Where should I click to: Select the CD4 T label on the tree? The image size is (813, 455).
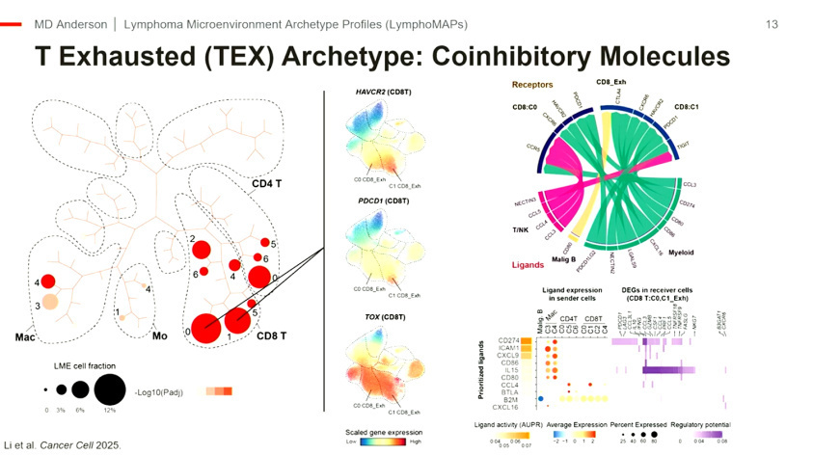pyautogui.click(x=267, y=184)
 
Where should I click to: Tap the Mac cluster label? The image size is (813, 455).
pyautogui.click(x=25, y=338)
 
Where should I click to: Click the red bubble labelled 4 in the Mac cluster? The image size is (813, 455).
pyautogui.click(x=49, y=282)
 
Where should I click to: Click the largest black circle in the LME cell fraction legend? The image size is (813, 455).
pyautogui.click(x=110, y=390)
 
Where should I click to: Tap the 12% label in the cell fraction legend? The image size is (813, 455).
pyautogui.click(x=110, y=411)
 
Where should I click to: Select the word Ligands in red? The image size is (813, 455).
pyautogui.click(x=529, y=263)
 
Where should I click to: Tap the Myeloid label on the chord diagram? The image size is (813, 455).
pyautogui.click(x=682, y=252)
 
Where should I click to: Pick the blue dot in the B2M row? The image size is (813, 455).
pyautogui.click(x=541, y=398)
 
